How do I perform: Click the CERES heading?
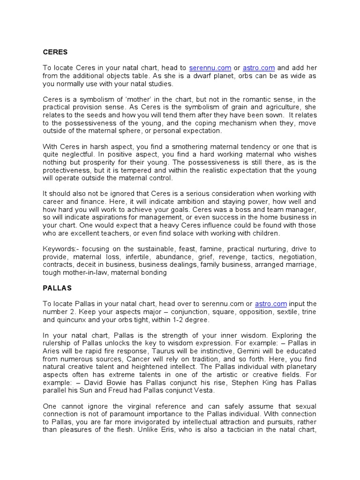pyautogui.click(x=55, y=52)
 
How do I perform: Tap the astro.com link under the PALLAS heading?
pyautogui.click(x=271, y=304)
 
